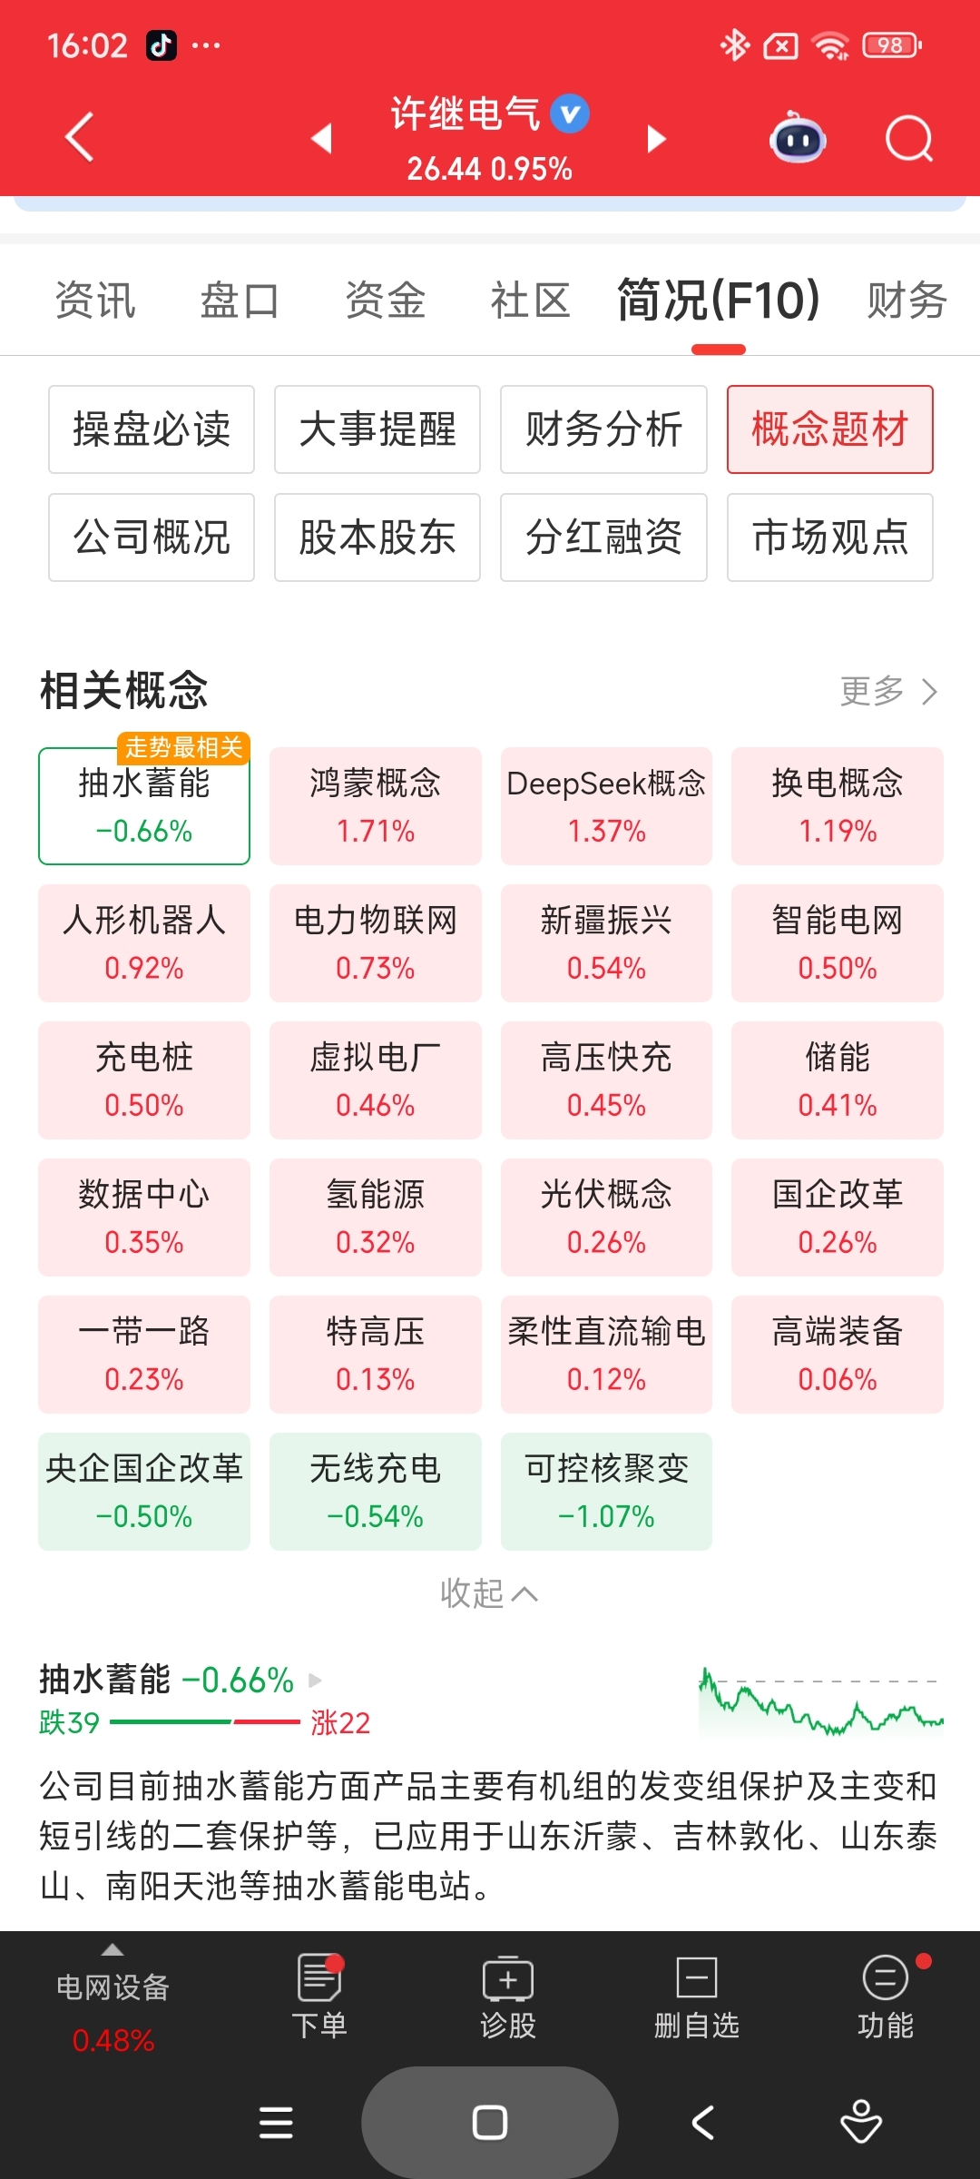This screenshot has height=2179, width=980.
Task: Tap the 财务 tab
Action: pyautogui.click(x=906, y=301)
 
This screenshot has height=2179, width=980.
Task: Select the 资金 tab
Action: pyautogui.click(x=385, y=301)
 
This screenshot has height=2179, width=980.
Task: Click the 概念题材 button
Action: pyautogui.click(x=829, y=429)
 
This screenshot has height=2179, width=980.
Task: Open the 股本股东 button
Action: pyautogui.click(x=377, y=537)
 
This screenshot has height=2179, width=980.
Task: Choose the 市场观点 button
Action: pyautogui.click(x=829, y=537)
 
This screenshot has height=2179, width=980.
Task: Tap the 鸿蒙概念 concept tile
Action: pyautogui.click(x=375, y=805)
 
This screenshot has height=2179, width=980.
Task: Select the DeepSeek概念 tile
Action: pyautogui.click(x=606, y=805)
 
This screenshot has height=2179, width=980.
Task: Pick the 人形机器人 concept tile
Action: pyautogui.click(x=144, y=942)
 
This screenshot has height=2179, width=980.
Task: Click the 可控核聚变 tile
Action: pyautogui.click(x=606, y=1491)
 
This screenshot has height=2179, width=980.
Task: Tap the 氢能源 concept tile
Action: pyautogui.click(x=375, y=1217)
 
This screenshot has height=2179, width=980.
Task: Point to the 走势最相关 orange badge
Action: pyautogui.click(x=183, y=747)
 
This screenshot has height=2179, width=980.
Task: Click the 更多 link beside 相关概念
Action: pyautogui.click(x=887, y=691)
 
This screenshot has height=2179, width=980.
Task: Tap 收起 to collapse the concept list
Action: pyautogui.click(x=488, y=1593)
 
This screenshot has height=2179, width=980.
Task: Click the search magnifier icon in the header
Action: pyautogui.click(x=908, y=139)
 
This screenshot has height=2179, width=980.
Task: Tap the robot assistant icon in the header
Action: pyautogui.click(x=797, y=139)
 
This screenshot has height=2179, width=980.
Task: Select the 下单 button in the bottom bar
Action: pyautogui.click(x=319, y=1997)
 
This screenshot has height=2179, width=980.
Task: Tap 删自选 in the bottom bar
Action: pyautogui.click(x=696, y=1997)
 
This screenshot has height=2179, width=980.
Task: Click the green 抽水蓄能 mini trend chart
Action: pyautogui.click(x=820, y=1701)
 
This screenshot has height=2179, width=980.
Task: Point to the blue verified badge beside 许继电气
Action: pyautogui.click(x=570, y=113)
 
